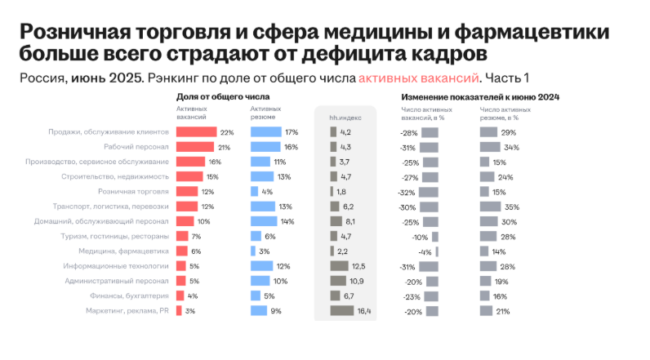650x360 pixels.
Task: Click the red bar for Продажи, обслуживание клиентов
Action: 196,132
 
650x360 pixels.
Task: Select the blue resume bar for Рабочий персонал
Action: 265,147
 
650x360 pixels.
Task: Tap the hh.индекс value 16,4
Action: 363,311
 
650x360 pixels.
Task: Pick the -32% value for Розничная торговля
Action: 407,192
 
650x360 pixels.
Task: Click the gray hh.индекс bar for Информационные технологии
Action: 339,266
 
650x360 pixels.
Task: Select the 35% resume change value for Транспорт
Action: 511,207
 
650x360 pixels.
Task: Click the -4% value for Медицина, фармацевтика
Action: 425,251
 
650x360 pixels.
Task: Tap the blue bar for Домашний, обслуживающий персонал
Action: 263,221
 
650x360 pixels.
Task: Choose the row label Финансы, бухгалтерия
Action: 131,296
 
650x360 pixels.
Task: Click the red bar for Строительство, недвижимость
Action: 189,176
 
